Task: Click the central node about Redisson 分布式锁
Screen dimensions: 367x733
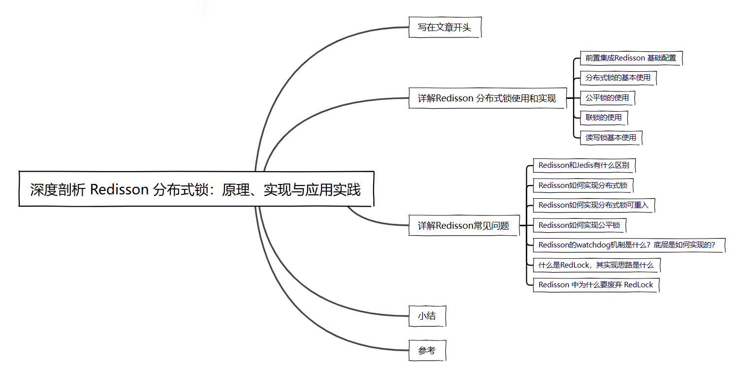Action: (196, 189)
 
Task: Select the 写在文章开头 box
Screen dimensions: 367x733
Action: (445, 28)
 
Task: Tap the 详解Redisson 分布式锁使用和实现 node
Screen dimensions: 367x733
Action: (487, 98)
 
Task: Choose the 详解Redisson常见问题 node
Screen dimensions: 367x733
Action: (463, 226)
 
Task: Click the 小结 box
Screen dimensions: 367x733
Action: (427, 316)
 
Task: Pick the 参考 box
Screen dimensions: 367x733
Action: (427, 351)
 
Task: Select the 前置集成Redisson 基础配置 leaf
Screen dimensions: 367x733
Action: (631, 58)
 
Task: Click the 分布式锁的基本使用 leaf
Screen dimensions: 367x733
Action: (618, 78)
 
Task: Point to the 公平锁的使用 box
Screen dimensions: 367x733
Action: (607, 98)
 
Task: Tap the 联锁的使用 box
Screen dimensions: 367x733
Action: (604, 118)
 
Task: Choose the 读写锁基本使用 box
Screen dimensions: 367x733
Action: (610, 138)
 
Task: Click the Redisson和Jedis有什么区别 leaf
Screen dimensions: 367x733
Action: (584, 165)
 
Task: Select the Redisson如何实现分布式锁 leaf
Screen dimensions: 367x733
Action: (583, 185)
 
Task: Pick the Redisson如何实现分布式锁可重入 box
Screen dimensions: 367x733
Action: (593, 205)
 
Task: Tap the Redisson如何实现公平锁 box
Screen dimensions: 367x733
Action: (579, 225)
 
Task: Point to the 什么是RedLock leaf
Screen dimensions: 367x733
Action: (596, 265)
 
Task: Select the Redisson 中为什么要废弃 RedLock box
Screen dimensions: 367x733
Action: (596, 285)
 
